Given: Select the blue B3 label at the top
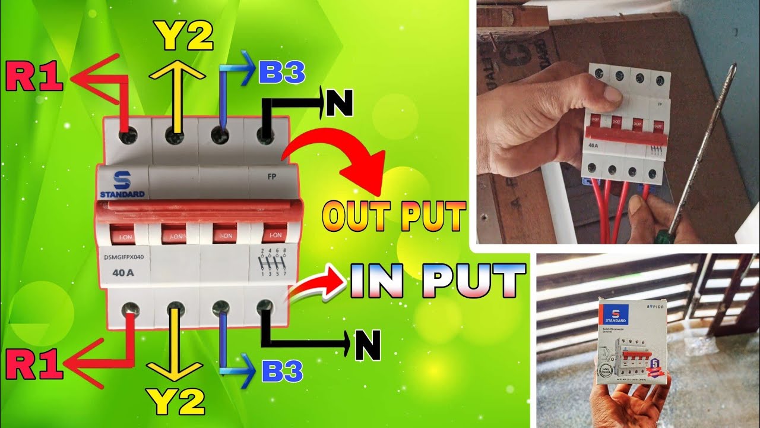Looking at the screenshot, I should [281, 73].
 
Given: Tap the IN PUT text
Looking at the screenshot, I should [438, 280].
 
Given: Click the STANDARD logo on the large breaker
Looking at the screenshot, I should [121, 185].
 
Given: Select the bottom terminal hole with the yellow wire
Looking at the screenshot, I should [173, 310].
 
